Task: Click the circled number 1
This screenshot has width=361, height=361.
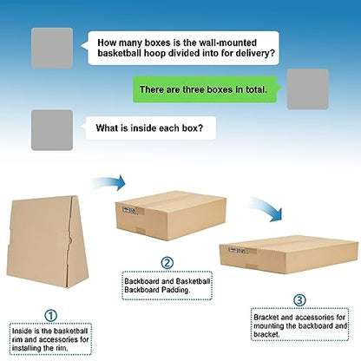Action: coord(50,316)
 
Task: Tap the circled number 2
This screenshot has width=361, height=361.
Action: coord(167,263)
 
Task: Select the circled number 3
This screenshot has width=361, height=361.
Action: coord(299,300)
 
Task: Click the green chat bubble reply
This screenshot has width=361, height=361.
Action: coord(205,89)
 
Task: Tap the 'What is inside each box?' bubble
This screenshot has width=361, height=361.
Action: coord(149,128)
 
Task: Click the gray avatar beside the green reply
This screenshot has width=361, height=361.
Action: coord(307,89)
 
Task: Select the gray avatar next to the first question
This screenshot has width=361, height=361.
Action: coord(52,48)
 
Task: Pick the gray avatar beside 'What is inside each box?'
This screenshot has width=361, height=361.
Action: coord(52,130)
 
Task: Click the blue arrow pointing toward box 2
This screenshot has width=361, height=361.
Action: coord(110,184)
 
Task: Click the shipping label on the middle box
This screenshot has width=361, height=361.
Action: coord(129,210)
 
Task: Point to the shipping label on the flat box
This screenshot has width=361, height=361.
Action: coord(238,250)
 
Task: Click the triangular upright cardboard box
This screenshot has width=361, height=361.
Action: coord(48,241)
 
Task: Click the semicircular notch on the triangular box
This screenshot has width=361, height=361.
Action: coord(69,240)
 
